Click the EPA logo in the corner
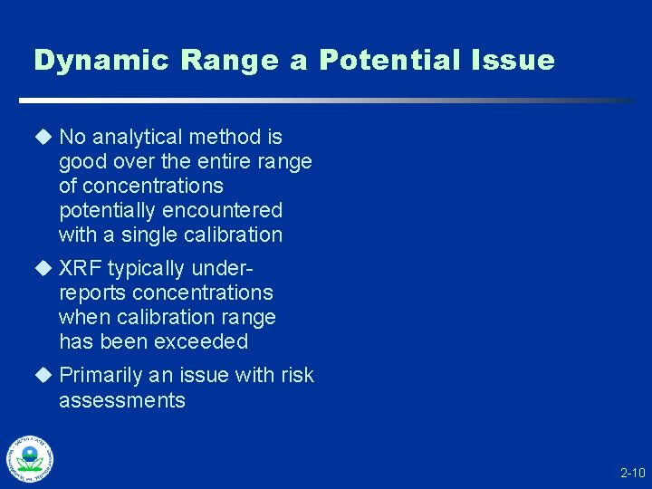30,459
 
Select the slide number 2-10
632,473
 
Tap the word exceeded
203,341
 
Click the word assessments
121,400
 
